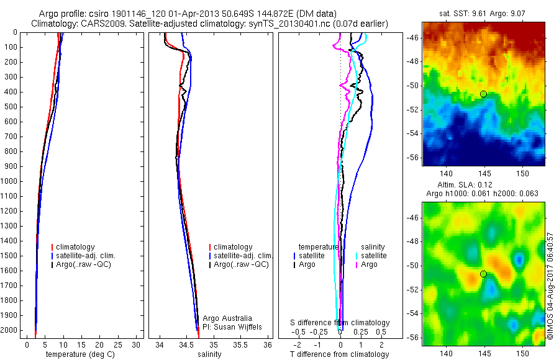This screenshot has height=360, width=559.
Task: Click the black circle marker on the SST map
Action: (x=483, y=94)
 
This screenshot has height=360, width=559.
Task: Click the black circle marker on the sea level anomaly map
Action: (x=483, y=274)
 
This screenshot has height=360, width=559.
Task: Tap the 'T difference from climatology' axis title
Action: (x=339, y=354)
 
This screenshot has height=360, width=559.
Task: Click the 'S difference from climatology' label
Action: (x=340, y=323)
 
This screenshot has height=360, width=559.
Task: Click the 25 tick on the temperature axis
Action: (x=119, y=344)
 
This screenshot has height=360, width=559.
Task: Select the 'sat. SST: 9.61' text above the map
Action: (x=455, y=12)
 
